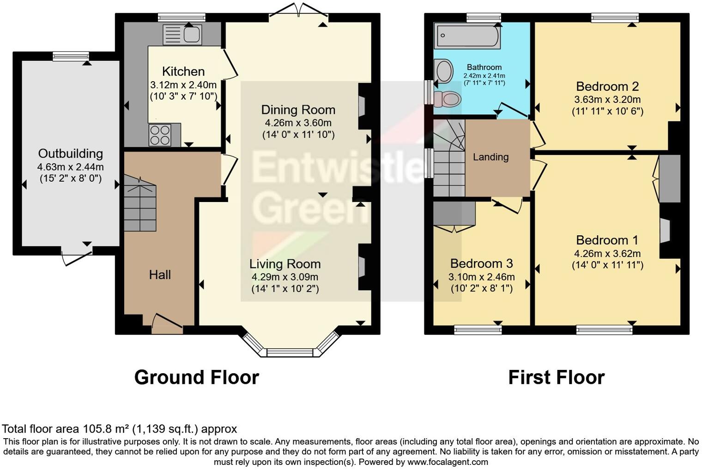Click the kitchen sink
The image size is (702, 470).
[x=182, y=35]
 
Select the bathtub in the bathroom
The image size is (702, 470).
[x=467, y=36]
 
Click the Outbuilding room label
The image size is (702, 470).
[x=70, y=154]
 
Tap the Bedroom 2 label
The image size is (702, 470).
[x=607, y=86]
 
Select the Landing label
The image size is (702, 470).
[x=490, y=157]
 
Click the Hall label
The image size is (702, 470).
[x=160, y=275]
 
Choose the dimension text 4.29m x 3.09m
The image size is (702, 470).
[x=284, y=277]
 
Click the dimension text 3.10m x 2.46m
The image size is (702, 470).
[x=481, y=277]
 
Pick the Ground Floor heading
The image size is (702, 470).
[x=196, y=377]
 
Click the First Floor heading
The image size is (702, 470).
[x=556, y=377]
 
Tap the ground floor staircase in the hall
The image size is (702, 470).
[x=140, y=205]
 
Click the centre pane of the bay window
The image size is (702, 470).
[x=290, y=352]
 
